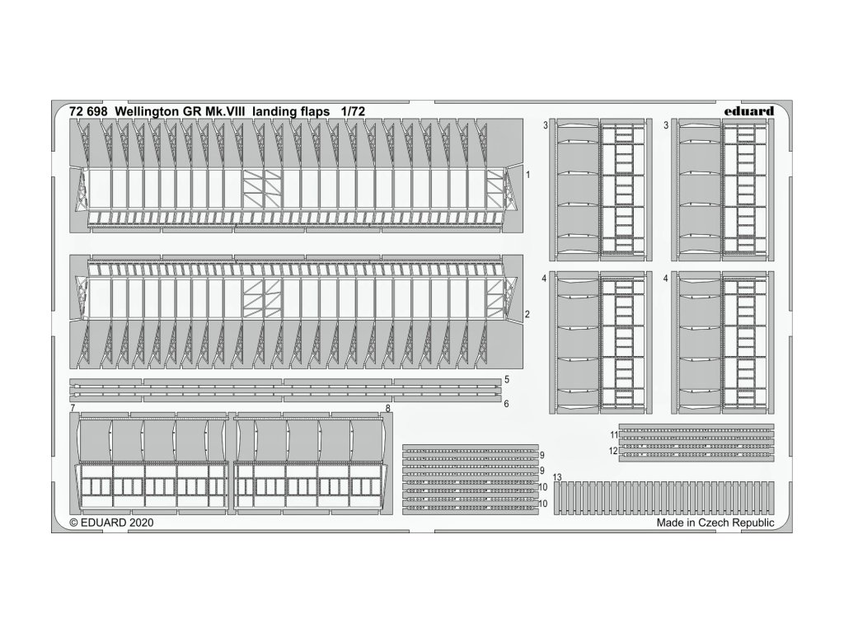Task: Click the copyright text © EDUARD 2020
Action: pos(111,523)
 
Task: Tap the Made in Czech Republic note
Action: pos(715,523)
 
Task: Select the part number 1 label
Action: pos(527,176)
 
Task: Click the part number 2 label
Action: pos(527,315)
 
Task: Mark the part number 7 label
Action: pos(73,409)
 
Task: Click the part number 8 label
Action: pos(388,409)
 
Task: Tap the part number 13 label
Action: pos(557,478)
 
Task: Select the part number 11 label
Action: pos(613,434)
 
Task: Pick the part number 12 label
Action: pos(613,451)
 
